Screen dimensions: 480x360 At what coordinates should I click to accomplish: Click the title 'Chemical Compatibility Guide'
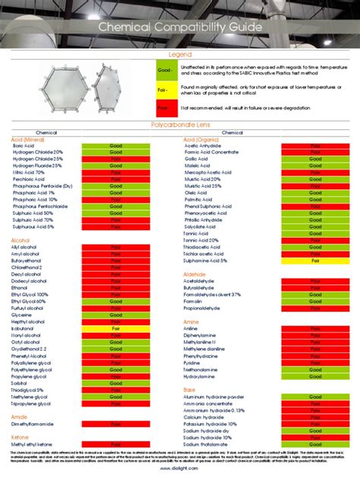coord(180,28)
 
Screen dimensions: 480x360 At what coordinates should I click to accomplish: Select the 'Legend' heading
coord(180,55)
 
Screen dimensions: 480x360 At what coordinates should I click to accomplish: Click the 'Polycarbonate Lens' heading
coord(180,123)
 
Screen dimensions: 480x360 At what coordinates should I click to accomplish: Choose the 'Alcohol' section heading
coord(21,239)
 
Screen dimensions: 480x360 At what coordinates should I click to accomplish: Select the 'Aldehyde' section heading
coord(195,273)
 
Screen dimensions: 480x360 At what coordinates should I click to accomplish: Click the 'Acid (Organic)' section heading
coord(201,139)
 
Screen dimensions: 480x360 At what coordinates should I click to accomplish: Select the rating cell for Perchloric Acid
coord(115,179)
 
